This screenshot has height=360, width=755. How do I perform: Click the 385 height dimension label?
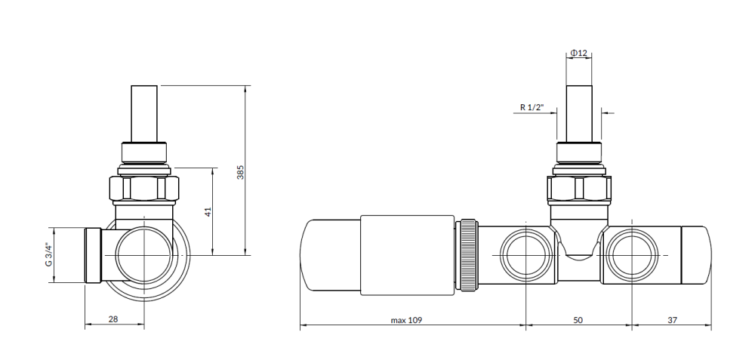coord(241,172)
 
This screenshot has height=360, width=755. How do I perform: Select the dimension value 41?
coord(208,212)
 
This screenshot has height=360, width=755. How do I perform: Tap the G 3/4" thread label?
coord(48,254)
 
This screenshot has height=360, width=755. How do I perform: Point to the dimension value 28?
coord(113,318)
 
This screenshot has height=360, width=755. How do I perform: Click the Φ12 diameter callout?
coord(579,53)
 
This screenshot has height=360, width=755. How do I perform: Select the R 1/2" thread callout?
coord(532,107)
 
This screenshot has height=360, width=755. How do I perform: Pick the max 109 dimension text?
coord(406,320)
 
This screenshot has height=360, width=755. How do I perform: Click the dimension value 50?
coord(578,320)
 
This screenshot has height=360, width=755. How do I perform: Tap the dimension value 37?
coord(673,320)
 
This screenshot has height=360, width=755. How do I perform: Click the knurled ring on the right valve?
coord(469,255)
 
